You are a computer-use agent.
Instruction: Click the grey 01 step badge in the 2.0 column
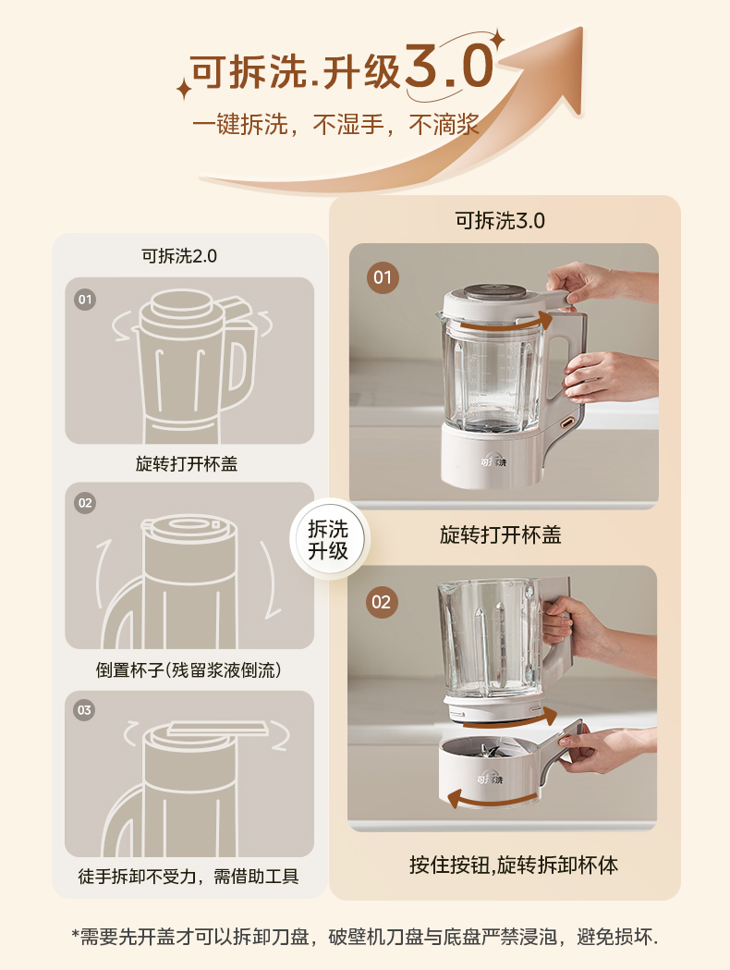point(85,300)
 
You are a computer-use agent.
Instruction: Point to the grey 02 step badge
point(85,503)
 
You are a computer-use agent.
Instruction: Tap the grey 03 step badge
point(85,710)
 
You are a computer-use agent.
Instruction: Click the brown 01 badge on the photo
point(383,276)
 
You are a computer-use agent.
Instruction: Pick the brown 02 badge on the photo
point(381,602)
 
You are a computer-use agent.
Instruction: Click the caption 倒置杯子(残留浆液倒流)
point(189,669)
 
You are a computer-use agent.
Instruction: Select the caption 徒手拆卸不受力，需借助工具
point(189,876)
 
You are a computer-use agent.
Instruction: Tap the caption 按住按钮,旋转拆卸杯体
point(514,865)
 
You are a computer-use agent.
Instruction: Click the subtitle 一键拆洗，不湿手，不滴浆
point(335,125)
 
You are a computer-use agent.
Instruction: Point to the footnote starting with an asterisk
point(365,936)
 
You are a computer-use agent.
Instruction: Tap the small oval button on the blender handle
point(566,423)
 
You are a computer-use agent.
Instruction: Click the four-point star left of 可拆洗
point(184,89)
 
